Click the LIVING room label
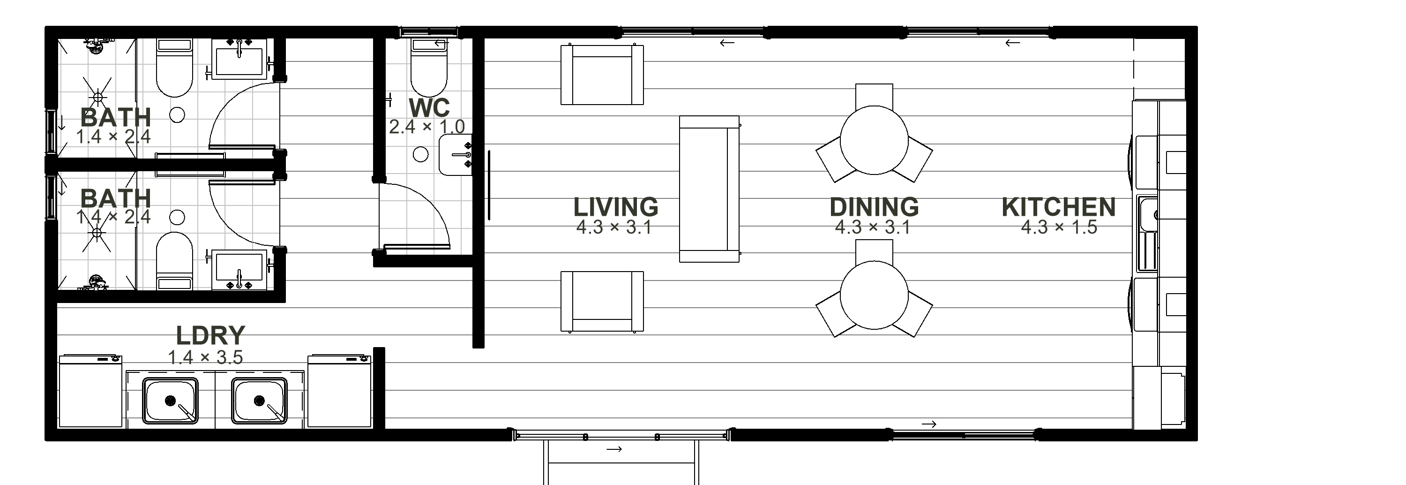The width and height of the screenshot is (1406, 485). tap(616, 207)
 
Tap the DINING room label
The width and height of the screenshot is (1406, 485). tap(874, 207)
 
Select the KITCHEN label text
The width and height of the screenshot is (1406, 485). tap(1059, 207)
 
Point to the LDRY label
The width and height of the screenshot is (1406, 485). tap(211, 335)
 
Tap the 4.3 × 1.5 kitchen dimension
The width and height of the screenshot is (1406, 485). tap(1059, 227)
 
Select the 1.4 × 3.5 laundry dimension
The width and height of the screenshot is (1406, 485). tap(205, 357)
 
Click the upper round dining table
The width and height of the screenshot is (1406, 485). tap(874, 140)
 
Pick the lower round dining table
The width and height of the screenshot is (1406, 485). tap(874, 296)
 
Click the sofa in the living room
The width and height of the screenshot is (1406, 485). tap(709, 189)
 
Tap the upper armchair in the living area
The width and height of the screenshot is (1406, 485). tap(602, 75)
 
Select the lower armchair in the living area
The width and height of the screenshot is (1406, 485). tap(602, 302)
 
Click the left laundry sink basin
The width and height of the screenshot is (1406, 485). tap(170, 401)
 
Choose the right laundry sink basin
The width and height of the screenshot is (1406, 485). tap(259, 401)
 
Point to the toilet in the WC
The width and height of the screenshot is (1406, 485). tap(428, 68)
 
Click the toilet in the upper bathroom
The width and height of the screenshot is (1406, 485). tap(175, 68)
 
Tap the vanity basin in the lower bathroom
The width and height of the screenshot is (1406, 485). tap(239, 270)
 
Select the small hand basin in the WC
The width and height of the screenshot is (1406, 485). tap(455, 155)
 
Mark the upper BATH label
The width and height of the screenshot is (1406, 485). tap(116, 117)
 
